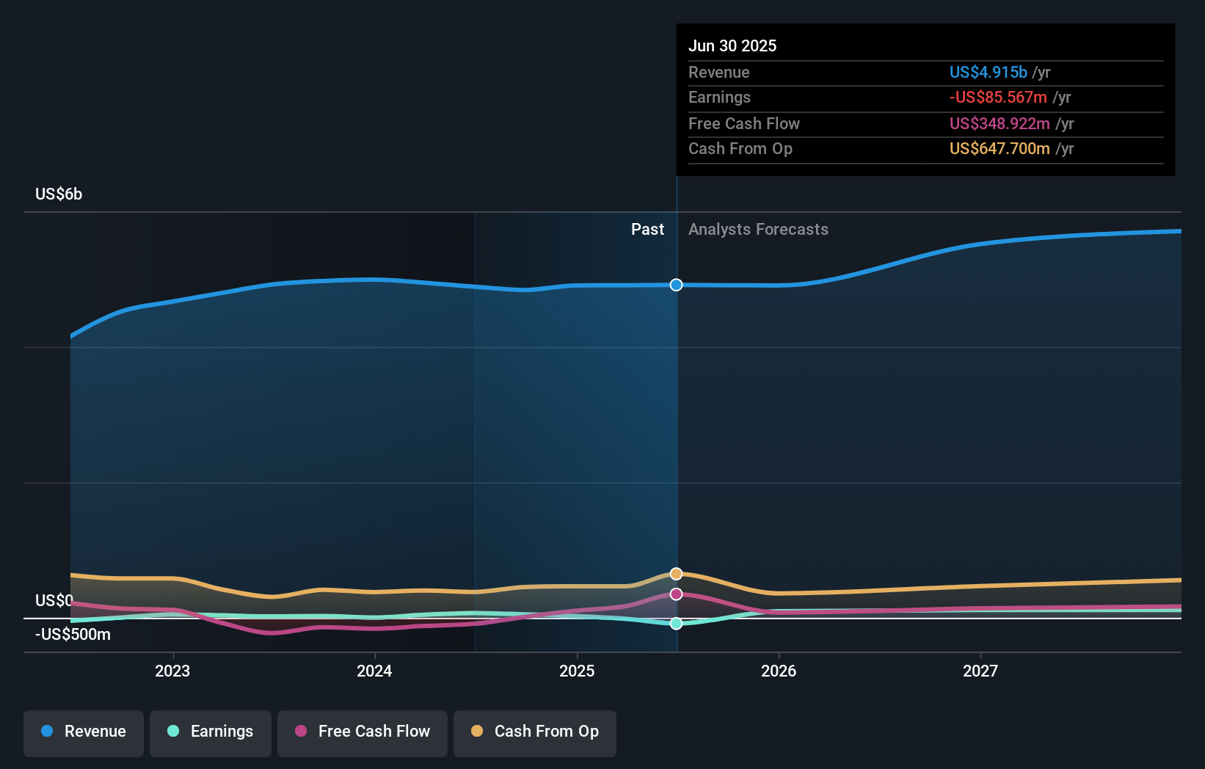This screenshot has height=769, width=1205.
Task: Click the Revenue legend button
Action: [84, 732]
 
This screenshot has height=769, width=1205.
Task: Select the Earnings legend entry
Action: [211, 732]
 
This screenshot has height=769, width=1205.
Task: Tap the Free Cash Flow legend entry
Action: [363, 732]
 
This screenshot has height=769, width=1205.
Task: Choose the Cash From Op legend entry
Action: [535, 732]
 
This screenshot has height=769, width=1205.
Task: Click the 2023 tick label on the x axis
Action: [172, 671]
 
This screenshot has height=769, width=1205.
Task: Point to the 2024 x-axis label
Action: [374, 671]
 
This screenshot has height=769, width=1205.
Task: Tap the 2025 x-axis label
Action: [577, 671]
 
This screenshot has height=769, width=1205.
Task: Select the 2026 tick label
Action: [779, 671]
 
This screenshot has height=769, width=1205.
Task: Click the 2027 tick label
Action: [980, 671]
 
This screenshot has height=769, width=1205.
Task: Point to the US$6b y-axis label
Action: [59, 194]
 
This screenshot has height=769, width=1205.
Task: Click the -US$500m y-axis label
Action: [73, 635]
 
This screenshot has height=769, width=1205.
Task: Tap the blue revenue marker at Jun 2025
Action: [677, 285]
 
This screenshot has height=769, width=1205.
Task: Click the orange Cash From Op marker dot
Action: [677, 574]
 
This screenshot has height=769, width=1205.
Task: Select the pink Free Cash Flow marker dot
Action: [677, 594]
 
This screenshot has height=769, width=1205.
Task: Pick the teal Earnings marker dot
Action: [677, 624]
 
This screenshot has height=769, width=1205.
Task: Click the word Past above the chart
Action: [647, 230]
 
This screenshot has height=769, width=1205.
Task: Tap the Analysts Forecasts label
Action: [758, 230]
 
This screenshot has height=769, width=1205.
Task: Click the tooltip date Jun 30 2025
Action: [732, 46]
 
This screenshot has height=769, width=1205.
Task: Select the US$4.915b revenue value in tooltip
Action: [988, 73]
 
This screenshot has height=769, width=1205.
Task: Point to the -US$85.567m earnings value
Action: [998, 98]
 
